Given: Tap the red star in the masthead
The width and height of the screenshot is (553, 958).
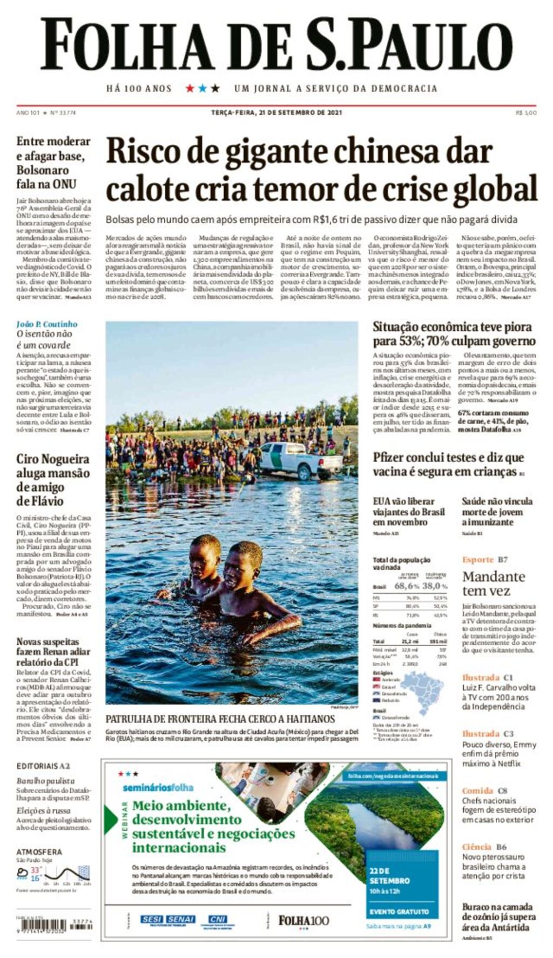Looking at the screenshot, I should coord(190,88).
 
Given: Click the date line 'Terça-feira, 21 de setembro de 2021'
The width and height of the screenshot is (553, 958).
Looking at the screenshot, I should coord(276,112).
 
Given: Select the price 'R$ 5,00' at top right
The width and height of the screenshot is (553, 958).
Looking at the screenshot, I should coord(526,112).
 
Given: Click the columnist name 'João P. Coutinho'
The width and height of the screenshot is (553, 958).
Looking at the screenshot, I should coord(47,324).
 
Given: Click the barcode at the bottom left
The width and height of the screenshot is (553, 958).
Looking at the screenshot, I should coord(49,924).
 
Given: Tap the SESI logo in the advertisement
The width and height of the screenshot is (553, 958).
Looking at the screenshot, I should coord(152,919).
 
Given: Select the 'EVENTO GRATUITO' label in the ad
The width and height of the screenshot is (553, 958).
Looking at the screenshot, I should coord(399,912).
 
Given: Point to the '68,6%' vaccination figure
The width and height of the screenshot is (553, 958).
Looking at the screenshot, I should coord(407,586).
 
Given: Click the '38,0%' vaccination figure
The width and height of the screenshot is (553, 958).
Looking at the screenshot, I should coord(435,586).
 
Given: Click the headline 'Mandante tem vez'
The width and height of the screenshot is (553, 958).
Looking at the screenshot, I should coord(493,583).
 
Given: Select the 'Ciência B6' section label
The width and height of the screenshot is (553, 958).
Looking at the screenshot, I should coord(484,847).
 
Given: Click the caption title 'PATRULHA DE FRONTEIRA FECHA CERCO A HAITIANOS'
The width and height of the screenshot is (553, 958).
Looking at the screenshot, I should coord(220,719).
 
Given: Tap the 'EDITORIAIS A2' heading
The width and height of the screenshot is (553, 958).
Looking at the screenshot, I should coord(43,766).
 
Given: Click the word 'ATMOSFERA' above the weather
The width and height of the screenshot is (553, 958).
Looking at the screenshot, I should coord(39,852).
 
